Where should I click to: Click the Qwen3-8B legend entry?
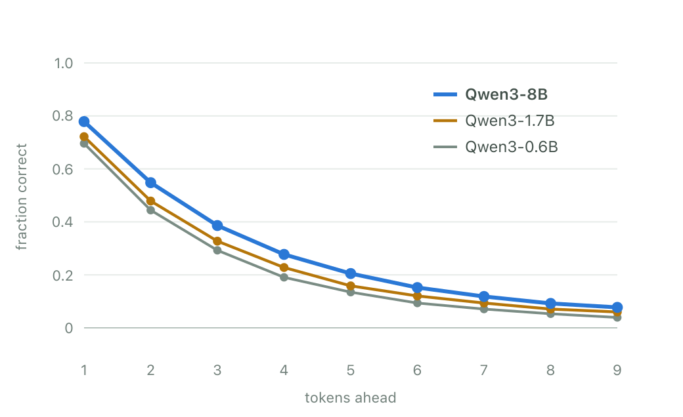491,94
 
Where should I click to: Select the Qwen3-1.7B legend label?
510,121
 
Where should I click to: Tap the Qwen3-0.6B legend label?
512,147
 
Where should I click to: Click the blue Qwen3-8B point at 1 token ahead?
84,122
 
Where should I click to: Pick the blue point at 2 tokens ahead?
150,183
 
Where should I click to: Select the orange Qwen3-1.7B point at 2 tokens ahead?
150,201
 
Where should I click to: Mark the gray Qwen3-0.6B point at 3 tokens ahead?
217,250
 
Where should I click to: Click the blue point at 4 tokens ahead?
284,254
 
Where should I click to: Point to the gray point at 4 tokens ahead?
284,277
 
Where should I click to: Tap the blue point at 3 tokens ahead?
217,226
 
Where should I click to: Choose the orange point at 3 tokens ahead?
217,241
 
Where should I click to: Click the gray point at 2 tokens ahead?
150,210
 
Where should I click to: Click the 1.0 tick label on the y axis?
63,64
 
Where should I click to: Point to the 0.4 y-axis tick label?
63,222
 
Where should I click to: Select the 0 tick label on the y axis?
69,328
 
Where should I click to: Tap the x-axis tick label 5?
351,370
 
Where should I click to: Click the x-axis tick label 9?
617,370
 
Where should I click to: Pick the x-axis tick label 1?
84,370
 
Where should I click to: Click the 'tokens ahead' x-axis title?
351,398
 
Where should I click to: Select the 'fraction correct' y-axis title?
21,197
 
